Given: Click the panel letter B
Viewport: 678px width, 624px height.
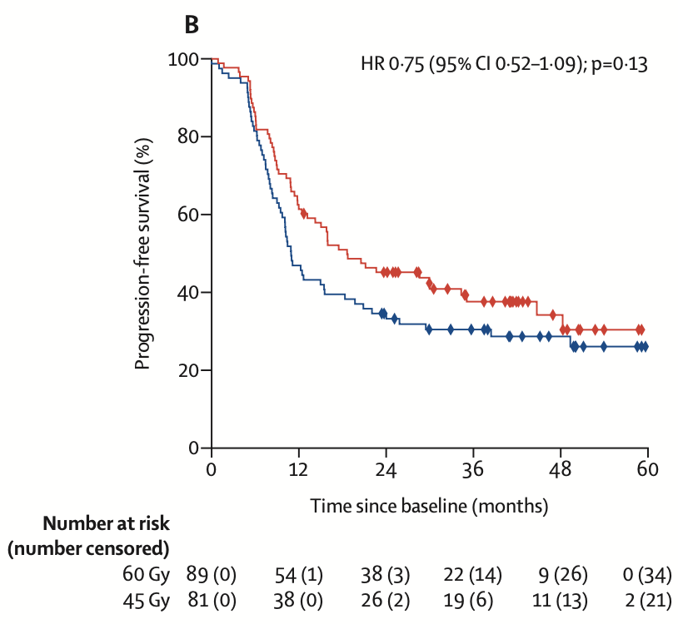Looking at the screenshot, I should pos(192,26).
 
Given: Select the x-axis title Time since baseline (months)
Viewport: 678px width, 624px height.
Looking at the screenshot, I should pos(430,505).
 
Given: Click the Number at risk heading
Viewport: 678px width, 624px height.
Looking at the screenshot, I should pos(106,524).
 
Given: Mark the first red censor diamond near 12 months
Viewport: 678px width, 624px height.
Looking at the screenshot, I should pos(304,214).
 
